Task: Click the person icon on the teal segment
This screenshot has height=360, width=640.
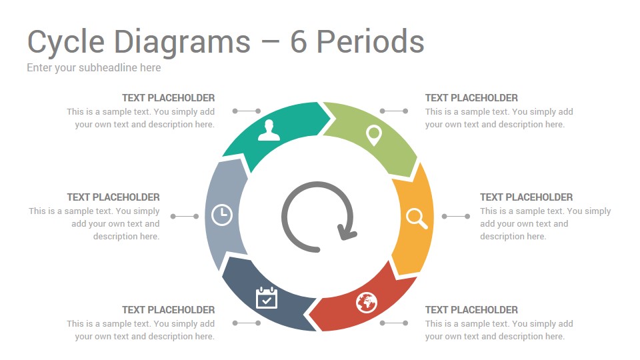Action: point(269,130)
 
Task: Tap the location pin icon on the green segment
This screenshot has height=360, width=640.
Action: point(373,135)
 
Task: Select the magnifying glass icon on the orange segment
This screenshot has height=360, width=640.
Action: point(417,219)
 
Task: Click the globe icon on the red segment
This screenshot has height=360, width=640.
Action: point(366,303)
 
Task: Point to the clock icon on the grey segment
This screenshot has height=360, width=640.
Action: point(222,215)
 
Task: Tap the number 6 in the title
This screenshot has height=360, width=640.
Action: point(299,41)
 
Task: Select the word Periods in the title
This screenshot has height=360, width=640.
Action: point(371,41)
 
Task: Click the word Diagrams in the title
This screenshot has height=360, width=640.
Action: point(182,43)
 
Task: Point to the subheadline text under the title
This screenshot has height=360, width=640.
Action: point(94,68)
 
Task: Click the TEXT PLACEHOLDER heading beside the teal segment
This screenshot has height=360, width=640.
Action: point(168,98)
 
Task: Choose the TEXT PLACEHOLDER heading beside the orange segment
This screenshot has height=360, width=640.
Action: point(526,197)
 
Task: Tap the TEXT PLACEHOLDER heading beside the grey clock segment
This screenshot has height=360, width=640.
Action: point(113,197)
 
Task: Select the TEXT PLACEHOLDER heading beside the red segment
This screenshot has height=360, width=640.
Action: point(471,310)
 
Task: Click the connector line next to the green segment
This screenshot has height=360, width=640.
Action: point(394,111)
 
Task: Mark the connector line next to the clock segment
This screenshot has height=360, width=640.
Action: point(185,216)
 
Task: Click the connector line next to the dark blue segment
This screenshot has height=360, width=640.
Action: point(247,323)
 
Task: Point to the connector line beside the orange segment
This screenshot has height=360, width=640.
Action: point(456,216)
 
